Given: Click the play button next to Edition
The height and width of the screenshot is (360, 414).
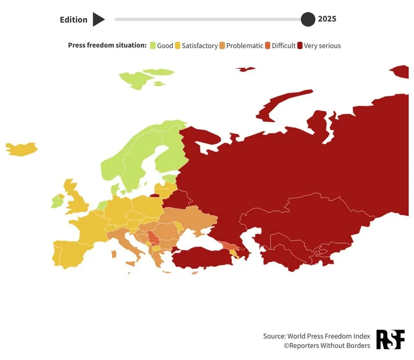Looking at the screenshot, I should click(x=98, y=20).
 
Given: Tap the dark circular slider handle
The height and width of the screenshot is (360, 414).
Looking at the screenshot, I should click(x=308, y=20).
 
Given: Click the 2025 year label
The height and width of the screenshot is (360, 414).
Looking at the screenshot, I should click(x=327, y=19).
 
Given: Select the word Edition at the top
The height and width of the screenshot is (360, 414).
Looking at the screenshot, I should click(x=73, y=20).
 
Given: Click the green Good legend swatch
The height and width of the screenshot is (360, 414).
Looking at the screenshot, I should click(x=153, y=46).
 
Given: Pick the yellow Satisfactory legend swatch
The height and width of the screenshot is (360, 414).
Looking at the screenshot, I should click(x=178, y=46).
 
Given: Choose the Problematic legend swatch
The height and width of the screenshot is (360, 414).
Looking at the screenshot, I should click(x=222, y=46).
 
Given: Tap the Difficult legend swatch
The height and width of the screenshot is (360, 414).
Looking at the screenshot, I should click(x=268, y=46).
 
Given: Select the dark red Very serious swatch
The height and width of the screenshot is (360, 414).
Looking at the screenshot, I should click(x=300, y=46).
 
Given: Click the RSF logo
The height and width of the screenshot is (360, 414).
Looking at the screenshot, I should click(x=390, y=339).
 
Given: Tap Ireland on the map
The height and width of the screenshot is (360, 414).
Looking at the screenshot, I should click(x=56, y=201).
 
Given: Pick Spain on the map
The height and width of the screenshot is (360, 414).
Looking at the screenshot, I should click(x=72, y=251).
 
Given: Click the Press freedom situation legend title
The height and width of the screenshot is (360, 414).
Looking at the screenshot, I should click(x=107, y=46).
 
